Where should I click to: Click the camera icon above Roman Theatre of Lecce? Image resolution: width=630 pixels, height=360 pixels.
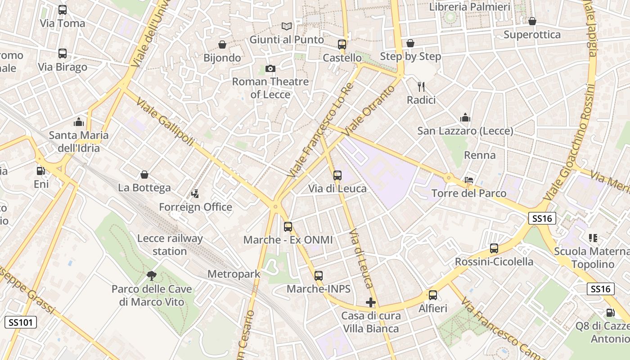click(x=270, y=68)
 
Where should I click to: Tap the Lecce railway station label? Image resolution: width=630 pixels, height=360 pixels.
click(x=170, y=245)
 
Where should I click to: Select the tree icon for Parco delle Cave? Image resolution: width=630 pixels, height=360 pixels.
click(x=152, y=275)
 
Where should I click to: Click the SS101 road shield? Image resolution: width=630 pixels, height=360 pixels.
click(x=20, y=322)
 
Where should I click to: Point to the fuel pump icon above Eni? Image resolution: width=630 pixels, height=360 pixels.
click(x=40, y=171)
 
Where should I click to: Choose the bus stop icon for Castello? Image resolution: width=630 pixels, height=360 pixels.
click(x=342, y=45)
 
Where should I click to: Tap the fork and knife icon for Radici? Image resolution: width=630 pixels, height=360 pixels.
click(x=421, y=86)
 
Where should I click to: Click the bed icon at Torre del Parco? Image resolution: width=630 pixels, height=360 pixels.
click(x=469, y=180)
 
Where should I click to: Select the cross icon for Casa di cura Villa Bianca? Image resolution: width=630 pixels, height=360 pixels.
click(x=371, y=302)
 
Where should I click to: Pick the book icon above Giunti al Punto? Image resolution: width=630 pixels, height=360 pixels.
click(x=287, y=26)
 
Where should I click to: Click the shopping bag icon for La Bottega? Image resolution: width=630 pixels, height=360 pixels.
click(x=144, y=175)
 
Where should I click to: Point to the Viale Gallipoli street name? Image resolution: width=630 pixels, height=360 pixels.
click(x=166, y=121)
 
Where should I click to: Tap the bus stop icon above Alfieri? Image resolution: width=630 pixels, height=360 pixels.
click(x=433, y=295)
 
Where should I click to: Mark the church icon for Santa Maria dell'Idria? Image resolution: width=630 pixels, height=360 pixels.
click(x=79, y=122)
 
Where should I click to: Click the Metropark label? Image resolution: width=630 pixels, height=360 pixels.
click(x=234, y=274)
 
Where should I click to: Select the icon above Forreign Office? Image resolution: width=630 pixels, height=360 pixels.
click(x=195, y=194)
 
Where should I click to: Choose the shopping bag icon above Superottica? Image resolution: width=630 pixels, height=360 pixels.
click(x=532, y=21)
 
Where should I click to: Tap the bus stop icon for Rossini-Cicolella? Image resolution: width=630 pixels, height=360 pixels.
click(x=494, y=248)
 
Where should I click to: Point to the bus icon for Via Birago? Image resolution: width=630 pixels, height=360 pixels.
click(x=63, y=54)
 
